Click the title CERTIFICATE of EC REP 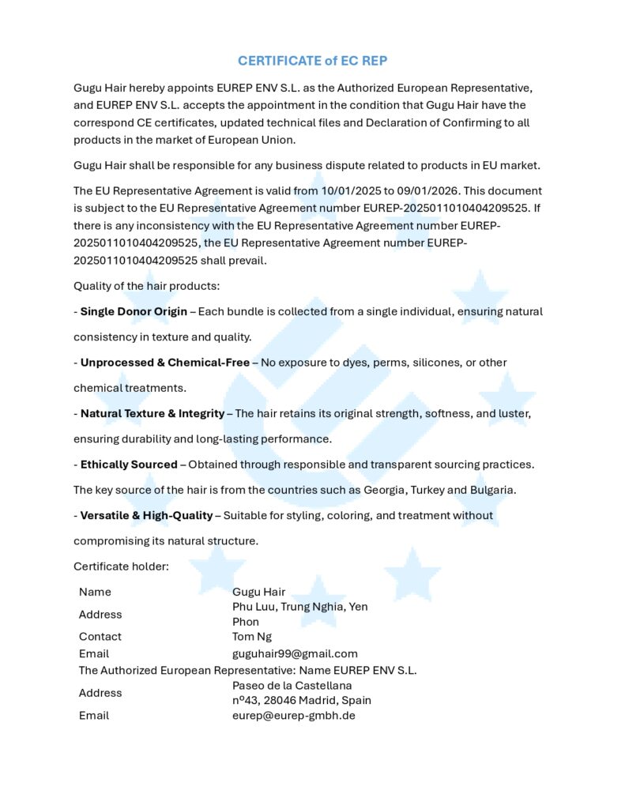313,61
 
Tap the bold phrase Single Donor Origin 134,311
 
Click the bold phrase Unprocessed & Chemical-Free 164,363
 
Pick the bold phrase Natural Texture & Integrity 152,413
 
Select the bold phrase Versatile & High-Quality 146,515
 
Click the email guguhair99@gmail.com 295,653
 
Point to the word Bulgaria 491,490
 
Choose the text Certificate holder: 121,566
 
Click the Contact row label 100,636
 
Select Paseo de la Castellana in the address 292,685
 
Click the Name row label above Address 95,592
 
